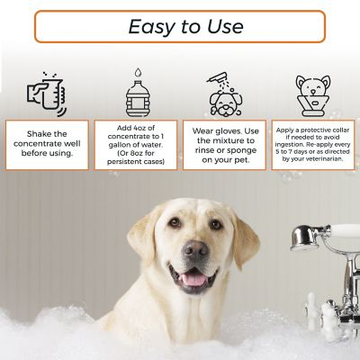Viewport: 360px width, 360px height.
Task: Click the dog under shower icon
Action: (x=224, y=93)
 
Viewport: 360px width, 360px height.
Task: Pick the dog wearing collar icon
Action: (x=312, y=94)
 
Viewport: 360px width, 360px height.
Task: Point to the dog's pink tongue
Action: (x=193, y=279)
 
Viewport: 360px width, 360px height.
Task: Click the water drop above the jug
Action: (x=136, y=72)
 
